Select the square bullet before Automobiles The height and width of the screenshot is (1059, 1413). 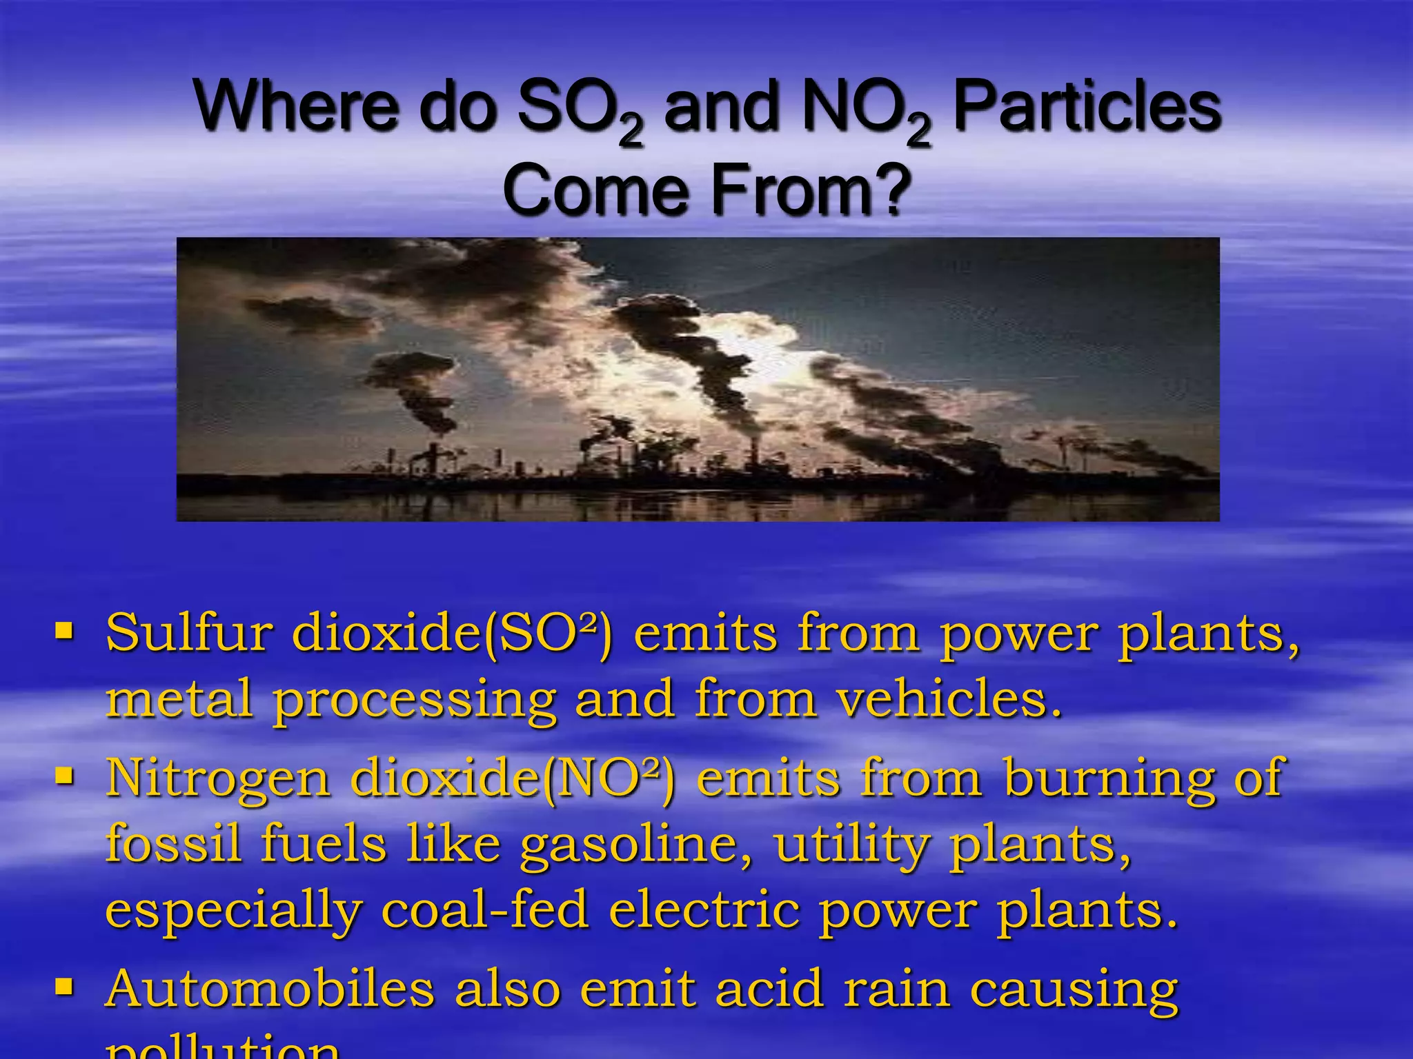64,987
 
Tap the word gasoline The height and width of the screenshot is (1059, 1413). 635,844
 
